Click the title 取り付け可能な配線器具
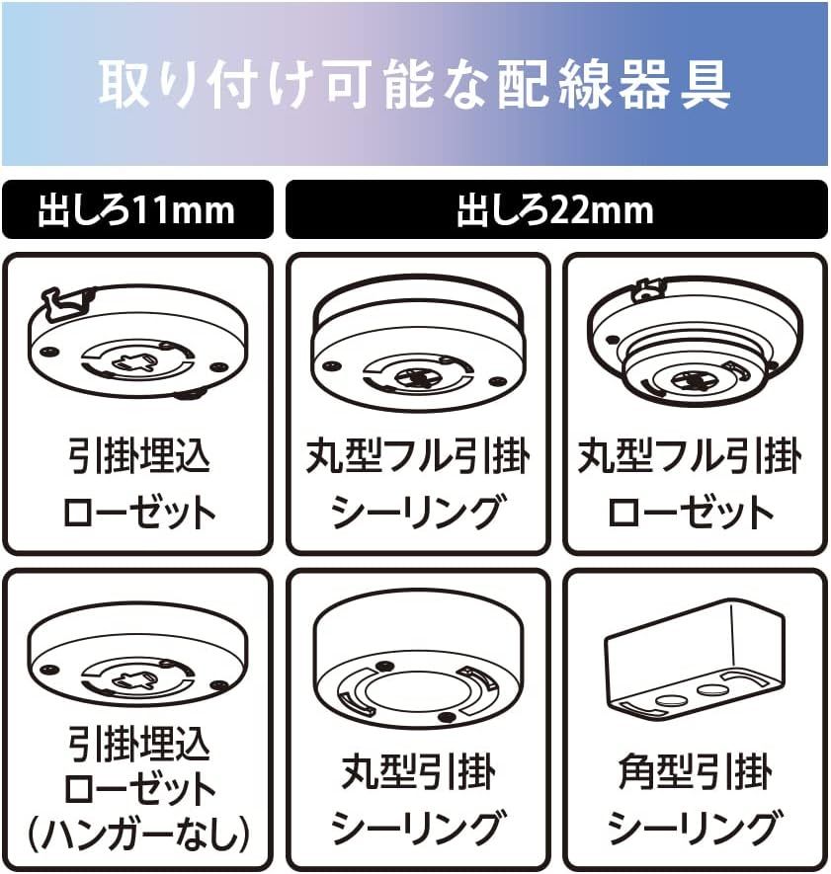tap(414, 84)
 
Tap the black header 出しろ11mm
tap(137, 209)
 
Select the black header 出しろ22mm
tap(556, 209)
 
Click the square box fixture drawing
tap(695, 661)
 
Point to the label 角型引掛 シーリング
tap(695, 800)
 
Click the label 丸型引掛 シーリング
tap(418, 800)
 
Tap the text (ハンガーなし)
tap(137, 834)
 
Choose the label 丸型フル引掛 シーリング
tap(418, 484)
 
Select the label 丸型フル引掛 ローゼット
tap(691, 484)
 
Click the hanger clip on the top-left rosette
tap(65, 305)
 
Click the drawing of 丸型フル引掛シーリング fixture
tap(418, 343)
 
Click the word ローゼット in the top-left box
tap(139, 512)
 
